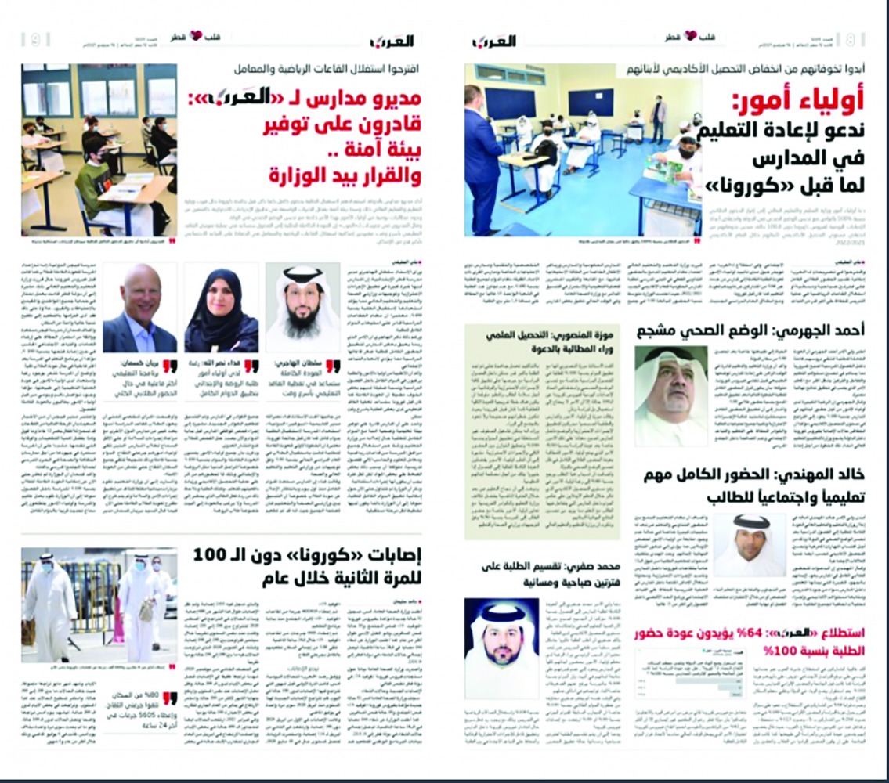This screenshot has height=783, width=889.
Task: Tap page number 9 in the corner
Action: pyautogui.click(x=35, y=39)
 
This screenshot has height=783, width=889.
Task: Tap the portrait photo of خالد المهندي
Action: pyautogui.click(x=749, y=544)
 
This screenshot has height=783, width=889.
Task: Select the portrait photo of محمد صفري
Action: pyautogui.click(x=501, y=647)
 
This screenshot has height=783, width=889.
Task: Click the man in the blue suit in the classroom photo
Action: pyautogui.click(x=482, y=164)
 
